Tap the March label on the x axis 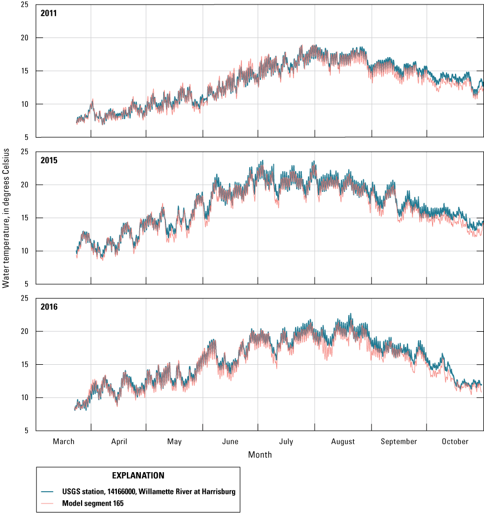(x=63, y=441)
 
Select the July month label (x=287, y=441)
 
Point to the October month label (x=455, y=441)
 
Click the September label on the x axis (x=399, y=441)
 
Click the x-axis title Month (x=260, y=454)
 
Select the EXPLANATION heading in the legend (x=138, y=476)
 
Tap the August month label (x=343, y=441)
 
